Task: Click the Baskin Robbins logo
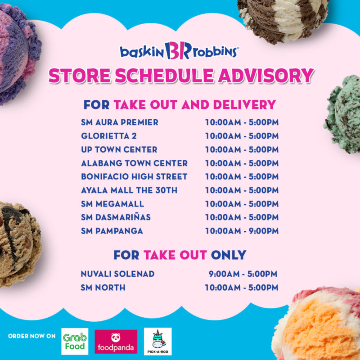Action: click(179, 51)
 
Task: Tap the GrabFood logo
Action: click(75, 341)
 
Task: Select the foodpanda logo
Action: click(116, 342)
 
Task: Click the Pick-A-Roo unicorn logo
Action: click(158, 342)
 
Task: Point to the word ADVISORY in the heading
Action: click(265, 76)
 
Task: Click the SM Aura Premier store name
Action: click(120, 122)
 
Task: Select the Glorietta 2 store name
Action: click(109, 136)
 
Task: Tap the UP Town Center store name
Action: click(119, 149)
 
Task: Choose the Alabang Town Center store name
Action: click(134, 163)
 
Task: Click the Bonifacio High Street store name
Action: click(134, 176)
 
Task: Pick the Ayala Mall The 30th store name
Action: click(129, 190)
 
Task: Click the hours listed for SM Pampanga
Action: click(242, 231)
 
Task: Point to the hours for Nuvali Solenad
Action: click(243, 274)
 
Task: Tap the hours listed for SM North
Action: click(242, 288)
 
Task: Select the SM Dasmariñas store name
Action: click(116, 217)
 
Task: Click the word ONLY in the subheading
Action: click(229, 255)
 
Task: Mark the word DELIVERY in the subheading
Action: click(244, 105)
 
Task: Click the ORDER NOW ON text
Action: click(31, 336)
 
